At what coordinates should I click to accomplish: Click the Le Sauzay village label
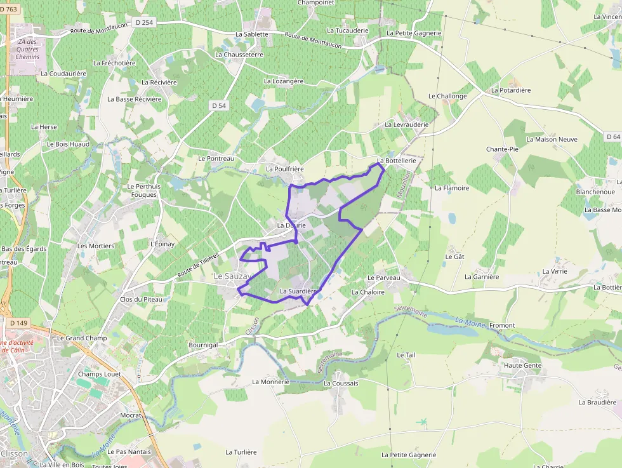click(233, 276)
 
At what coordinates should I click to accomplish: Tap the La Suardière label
click(298, 291)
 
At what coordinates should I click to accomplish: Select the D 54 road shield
click(219, 105)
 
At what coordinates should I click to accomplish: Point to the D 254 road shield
click(145, 22)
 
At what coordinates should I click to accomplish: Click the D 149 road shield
click(19, 323)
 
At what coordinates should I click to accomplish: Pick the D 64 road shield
click(612, 137)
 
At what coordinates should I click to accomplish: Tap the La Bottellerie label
click(396, 161)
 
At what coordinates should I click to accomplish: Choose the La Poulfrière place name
click(285, 170)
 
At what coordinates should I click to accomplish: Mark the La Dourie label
click(291, 225)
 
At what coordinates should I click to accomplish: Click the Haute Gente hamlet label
click(522, 366)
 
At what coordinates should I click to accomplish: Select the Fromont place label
click(502, 325)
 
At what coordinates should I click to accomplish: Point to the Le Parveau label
click(384, 278)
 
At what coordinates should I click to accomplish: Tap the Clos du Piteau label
click(141, 299)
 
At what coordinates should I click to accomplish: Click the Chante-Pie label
click(502, 149)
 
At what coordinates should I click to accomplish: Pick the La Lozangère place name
click(283, 81)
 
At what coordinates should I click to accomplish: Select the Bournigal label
click(203, 345)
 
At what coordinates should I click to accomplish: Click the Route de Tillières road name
click(198, 265)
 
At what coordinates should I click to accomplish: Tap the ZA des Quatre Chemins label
click(28, 50)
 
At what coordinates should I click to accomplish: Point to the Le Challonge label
click(447, 97)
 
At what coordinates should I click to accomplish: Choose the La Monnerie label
click(271, 382)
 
